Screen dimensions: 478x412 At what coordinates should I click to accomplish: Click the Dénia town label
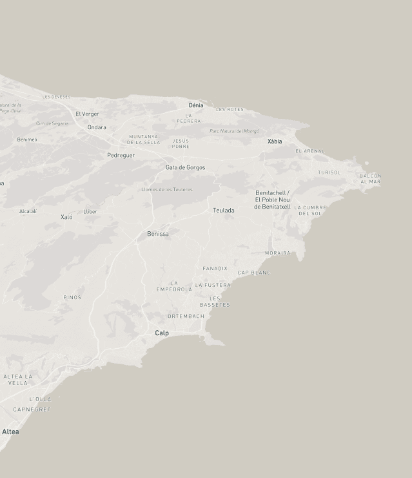tap(196, 105)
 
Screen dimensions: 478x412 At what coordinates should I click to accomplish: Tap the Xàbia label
tap(275, 141)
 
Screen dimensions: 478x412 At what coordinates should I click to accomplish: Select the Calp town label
tap(162, 333)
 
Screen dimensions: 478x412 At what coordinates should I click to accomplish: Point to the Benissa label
tap(158, 234)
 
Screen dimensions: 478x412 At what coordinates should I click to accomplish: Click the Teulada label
tap(224, 211)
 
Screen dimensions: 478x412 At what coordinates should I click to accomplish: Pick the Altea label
tap(10, 431)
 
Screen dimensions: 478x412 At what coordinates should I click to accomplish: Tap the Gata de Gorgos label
tap(186, 168)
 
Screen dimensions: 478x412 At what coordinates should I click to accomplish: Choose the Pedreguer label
tap(121, 156)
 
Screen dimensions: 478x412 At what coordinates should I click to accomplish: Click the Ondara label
tap(97, 127)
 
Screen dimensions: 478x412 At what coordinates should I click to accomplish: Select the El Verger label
tap(87, 114)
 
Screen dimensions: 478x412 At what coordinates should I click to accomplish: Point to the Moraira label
tap(277, 253)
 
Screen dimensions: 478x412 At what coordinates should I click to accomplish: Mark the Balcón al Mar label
tap(371, 179)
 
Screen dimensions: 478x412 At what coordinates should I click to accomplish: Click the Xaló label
tap(66, 217)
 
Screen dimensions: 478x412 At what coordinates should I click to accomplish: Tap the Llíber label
tap(90, 212)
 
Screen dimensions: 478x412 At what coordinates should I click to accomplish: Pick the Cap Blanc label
tap(254, 273)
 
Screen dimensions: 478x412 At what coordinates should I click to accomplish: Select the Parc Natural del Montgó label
tap(234, 131)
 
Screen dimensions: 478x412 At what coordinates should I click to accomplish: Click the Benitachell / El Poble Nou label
tap(272, 200)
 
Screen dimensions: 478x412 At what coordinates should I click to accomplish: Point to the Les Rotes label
tap(230, 110)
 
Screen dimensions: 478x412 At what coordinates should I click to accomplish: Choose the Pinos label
tap(72, 298)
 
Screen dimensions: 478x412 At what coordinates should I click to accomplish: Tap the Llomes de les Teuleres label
tap(167, 190)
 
